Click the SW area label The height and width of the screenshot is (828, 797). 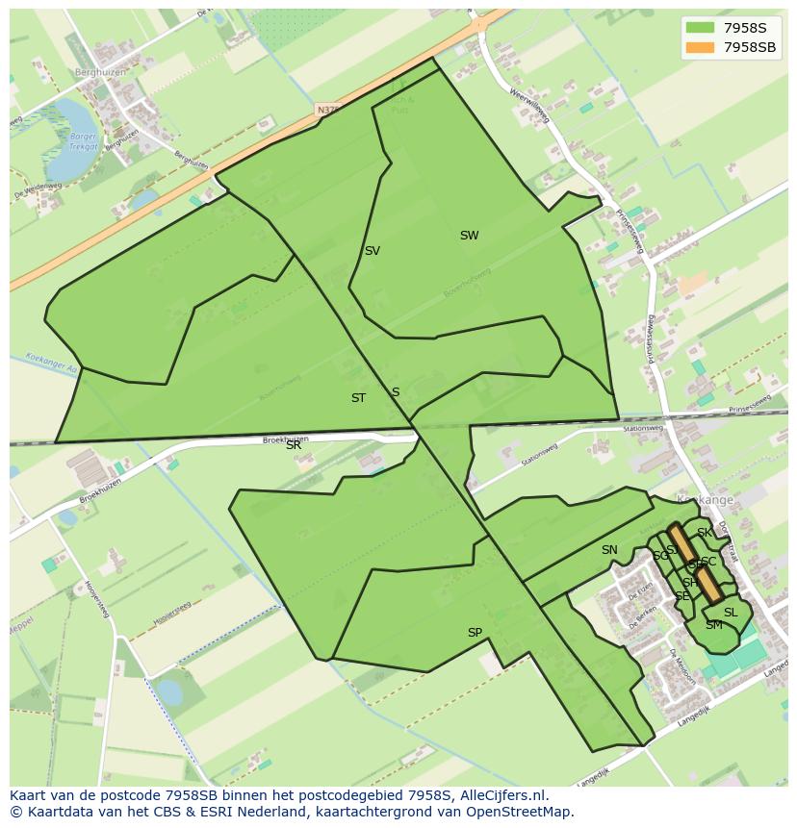(469, 236)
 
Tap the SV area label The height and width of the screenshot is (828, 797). (372, 251)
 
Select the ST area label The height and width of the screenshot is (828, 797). (358, 398)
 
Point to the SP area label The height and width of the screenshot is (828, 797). (475, 633)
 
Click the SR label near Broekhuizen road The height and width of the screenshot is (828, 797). (294, 445)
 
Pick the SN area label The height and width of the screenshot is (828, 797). (609, 550)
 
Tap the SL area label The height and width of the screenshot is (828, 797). (731, 613)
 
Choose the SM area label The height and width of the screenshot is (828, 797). (713, 625)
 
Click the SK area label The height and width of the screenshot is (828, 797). (705, 533)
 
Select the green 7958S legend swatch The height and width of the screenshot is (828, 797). (700, 28)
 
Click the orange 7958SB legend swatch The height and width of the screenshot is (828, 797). (700, 47)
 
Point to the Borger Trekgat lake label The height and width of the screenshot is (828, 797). (85, 141)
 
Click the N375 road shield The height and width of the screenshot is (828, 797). (328, 111)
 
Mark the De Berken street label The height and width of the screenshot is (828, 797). (641, 590)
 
